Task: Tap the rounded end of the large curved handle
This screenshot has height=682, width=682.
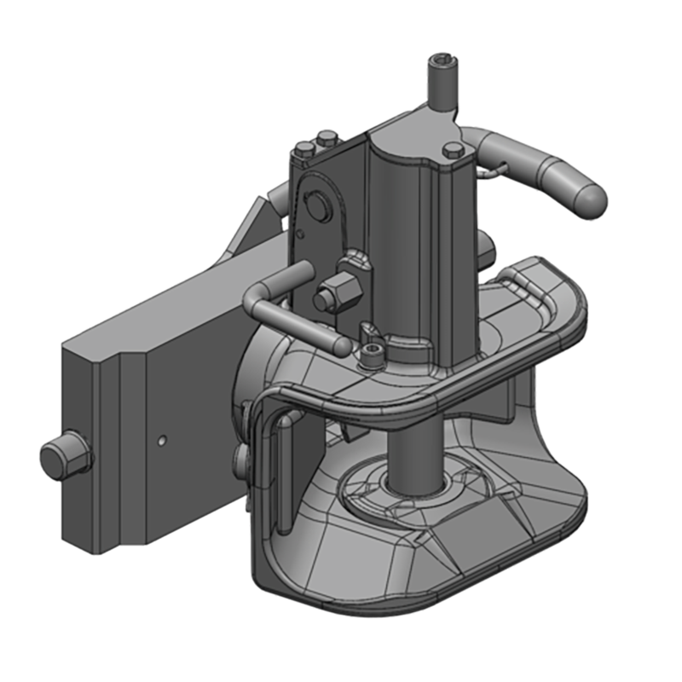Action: (x=588, y=197)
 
